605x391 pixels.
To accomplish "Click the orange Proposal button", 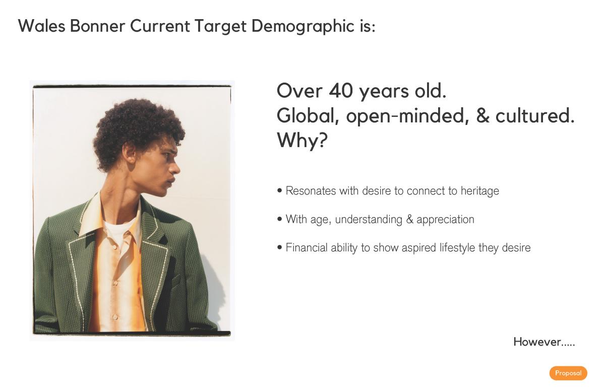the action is click(568, 373).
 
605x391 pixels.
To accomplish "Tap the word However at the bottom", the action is click(537, 342).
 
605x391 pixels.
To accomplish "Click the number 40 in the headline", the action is click(341, 91).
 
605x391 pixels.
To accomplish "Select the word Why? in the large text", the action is click(302, 140).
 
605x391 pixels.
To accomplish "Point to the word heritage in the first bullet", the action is click(479, 191).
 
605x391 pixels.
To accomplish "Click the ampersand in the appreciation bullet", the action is click(409, 219).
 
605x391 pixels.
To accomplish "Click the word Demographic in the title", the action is click(302, 26).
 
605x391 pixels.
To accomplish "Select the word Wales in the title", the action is click(41, 26).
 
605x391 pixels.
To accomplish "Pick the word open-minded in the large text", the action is click(407, 116).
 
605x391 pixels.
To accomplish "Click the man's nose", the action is click(175, 169).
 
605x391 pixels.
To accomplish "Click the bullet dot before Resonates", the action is click(279, 191).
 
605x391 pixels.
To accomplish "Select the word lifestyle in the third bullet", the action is click(457, 247).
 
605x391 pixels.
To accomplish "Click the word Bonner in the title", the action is click(97, 26).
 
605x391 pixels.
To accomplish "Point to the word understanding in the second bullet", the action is click(369, 219).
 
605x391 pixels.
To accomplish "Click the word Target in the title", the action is click(220, 26).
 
